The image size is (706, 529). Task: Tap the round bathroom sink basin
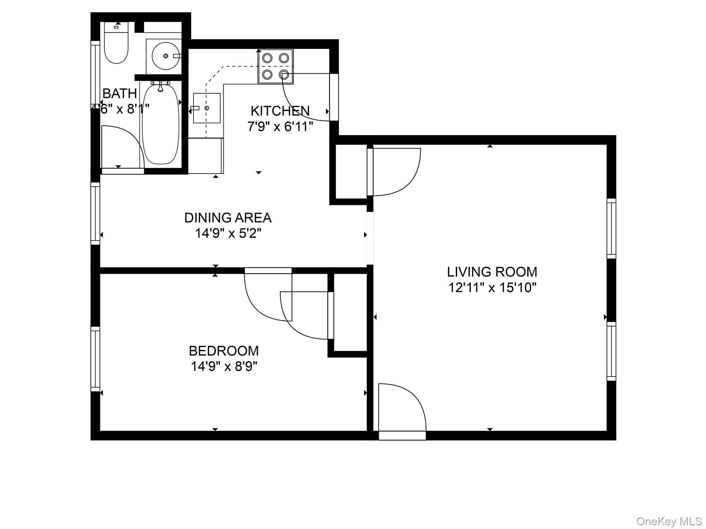166,55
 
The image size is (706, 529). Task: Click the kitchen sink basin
206,108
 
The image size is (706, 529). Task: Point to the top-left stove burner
267,58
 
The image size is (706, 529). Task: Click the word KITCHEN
280,111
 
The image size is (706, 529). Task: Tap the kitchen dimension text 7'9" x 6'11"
280,127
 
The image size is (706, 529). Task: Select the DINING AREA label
228,218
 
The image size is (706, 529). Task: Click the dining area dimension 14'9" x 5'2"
228,234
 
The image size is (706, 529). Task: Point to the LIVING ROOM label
492,272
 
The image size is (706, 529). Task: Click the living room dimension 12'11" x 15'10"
492,287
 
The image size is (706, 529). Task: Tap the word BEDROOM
224,351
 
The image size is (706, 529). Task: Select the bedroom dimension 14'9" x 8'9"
224,366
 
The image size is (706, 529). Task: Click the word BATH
120,93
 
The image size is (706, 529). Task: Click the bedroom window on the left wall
95,359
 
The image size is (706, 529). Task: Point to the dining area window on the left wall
95,214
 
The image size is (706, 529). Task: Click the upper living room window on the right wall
611,228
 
